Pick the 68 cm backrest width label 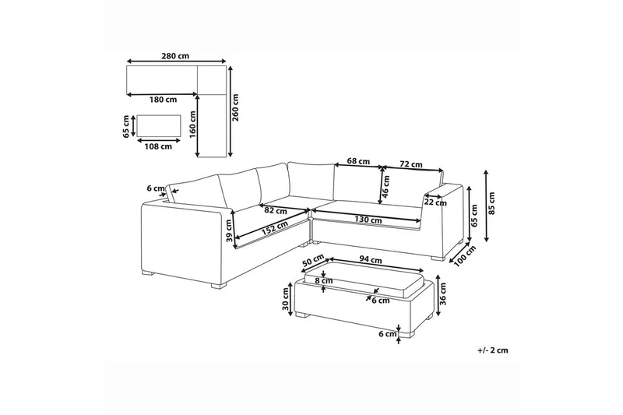[357, 161]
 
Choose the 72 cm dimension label [410, 164]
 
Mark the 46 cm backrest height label [385, 188]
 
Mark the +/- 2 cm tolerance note [492, 350]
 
